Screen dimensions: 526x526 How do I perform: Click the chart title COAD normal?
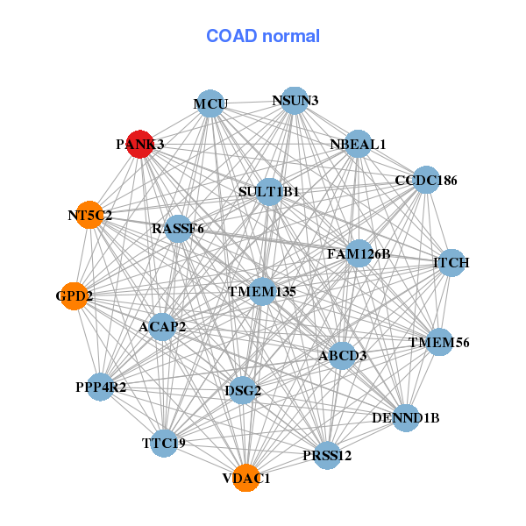point(262,36)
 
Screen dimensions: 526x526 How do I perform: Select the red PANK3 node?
point(140,143)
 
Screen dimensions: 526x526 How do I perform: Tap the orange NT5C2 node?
point(89,215)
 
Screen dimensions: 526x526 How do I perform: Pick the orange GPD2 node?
point(74,296)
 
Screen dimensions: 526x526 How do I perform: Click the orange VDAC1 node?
point(246,479)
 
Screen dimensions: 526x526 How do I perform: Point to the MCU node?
point(210,104)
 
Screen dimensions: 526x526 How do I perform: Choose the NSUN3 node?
point(295,101)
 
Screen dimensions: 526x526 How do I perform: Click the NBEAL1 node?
point(358,144)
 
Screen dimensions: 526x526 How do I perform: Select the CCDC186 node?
point(426,181)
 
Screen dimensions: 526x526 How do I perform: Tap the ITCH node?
point(451,262)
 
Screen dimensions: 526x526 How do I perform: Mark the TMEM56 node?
point(439,342)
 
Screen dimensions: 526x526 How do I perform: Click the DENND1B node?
point(407,417)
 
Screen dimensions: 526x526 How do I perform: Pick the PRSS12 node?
point(327,455)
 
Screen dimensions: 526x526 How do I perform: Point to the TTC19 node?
point(164,444)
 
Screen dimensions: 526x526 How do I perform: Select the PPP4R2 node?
point(100,387)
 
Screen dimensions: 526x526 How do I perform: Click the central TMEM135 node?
point(262,291)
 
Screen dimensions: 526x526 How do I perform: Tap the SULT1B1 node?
point(269,191)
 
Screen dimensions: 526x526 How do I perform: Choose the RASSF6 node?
point(178,229)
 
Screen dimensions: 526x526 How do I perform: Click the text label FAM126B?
point(359,254)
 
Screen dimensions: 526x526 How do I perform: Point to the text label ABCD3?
point(342,356)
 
